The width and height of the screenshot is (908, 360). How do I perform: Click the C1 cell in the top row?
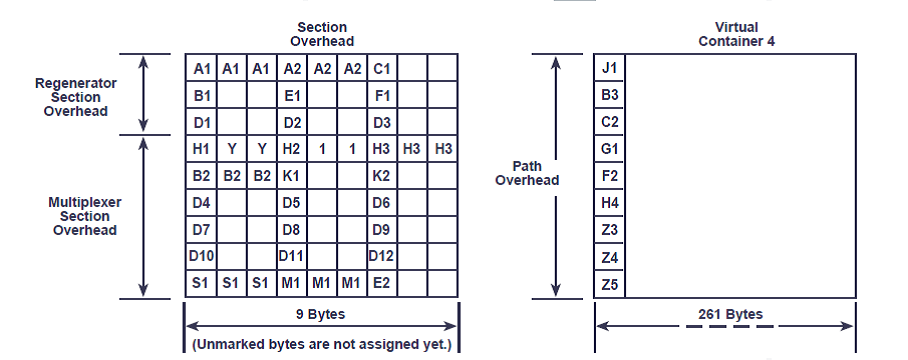click(x=382, y=68)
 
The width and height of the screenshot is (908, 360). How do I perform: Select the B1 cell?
click(x=201, y=95)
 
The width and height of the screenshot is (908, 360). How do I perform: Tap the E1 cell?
click(x=292, y=95)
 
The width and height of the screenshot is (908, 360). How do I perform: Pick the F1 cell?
click(x=382, y=95)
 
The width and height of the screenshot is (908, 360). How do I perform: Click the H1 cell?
click(x=201, y=149)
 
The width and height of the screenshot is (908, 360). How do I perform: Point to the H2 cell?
click(x=292, y=149)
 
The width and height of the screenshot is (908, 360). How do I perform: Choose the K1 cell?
click(x=292, y=176)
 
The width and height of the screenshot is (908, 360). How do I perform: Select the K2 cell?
click(x=382, y=176)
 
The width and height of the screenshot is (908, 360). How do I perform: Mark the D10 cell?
click(x=201, y=256)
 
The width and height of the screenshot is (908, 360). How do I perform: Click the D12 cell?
click(x=382, y=256)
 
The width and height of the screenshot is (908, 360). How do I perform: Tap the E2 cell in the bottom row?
click(x=382, y=283)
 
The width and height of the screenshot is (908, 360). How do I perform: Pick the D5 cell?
click(x=292, y=203)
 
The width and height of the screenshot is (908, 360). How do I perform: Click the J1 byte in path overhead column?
click(x=610, y=68)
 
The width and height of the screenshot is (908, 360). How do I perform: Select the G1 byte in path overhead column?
click(x=610, y=149)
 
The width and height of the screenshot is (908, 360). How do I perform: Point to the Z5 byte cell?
click(x=610, y=284)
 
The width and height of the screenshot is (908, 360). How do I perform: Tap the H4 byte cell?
click(x=610, y=203)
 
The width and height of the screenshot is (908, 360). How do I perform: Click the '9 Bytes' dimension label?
click(x=321, y=315)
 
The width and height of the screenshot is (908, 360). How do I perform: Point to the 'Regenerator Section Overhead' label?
click(x=76, y=97)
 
